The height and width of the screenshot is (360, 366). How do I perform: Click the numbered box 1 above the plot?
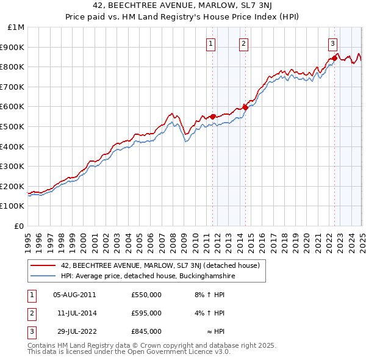coord(210,43)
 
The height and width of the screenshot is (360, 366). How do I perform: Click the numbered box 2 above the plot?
coord(243,43)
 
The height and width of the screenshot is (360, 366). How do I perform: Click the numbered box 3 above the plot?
coord(332,43)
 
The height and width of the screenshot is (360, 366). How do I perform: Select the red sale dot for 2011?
coord(212,117)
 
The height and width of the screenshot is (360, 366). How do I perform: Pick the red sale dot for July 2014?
coord(245,107)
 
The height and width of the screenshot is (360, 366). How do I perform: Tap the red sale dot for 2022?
coord(335,58)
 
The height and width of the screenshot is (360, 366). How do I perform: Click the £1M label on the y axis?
coord(16,27)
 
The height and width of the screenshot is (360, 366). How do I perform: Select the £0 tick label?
coord(20,226)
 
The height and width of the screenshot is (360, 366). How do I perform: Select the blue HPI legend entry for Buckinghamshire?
coord(148,276)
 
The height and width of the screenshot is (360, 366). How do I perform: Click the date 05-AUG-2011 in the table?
coord(74,295)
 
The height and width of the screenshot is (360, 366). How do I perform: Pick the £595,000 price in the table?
coord(146,313)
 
